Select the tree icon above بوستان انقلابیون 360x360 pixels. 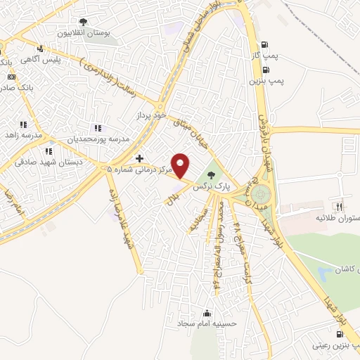(83, 22)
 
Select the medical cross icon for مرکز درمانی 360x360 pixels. (139, 158)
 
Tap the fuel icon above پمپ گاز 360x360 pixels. (264, 44)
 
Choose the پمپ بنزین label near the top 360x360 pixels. (266, 81)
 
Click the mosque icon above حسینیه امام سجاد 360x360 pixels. (207, 314)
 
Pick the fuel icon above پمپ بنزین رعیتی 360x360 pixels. (330, 334)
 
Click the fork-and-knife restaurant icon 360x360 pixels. (339, 207)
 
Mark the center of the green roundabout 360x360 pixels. (261, 192)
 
